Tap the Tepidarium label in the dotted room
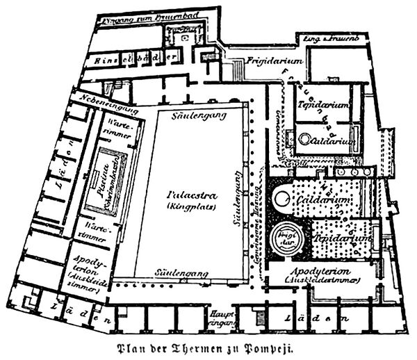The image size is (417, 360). (x=341, y=238)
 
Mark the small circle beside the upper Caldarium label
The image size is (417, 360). (x=304, y=140)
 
